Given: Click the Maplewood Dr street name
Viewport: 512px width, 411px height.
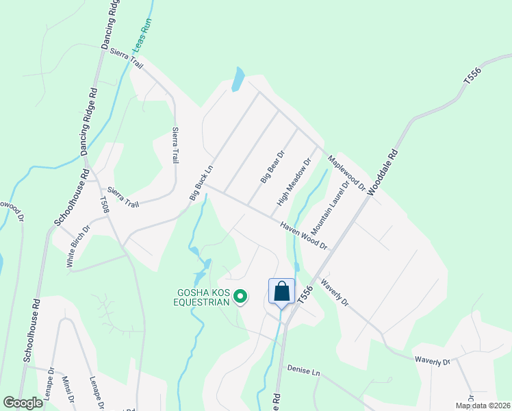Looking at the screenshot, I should [x=343, y=171].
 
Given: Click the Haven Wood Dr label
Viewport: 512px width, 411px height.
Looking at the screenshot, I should [x=303, y=235].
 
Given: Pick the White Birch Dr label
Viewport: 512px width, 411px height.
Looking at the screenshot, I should [x=77, y=246].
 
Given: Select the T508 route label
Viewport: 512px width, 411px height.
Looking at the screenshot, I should [x=105, y=206].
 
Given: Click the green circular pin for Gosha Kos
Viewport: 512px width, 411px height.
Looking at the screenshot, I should [x=240, y=297].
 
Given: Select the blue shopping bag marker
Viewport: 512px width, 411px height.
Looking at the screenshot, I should [x=281, y=292].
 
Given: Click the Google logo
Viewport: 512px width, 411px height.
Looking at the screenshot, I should [x=23, y=402].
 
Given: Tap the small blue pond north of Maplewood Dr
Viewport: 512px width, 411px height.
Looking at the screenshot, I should [x=237, y=79].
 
